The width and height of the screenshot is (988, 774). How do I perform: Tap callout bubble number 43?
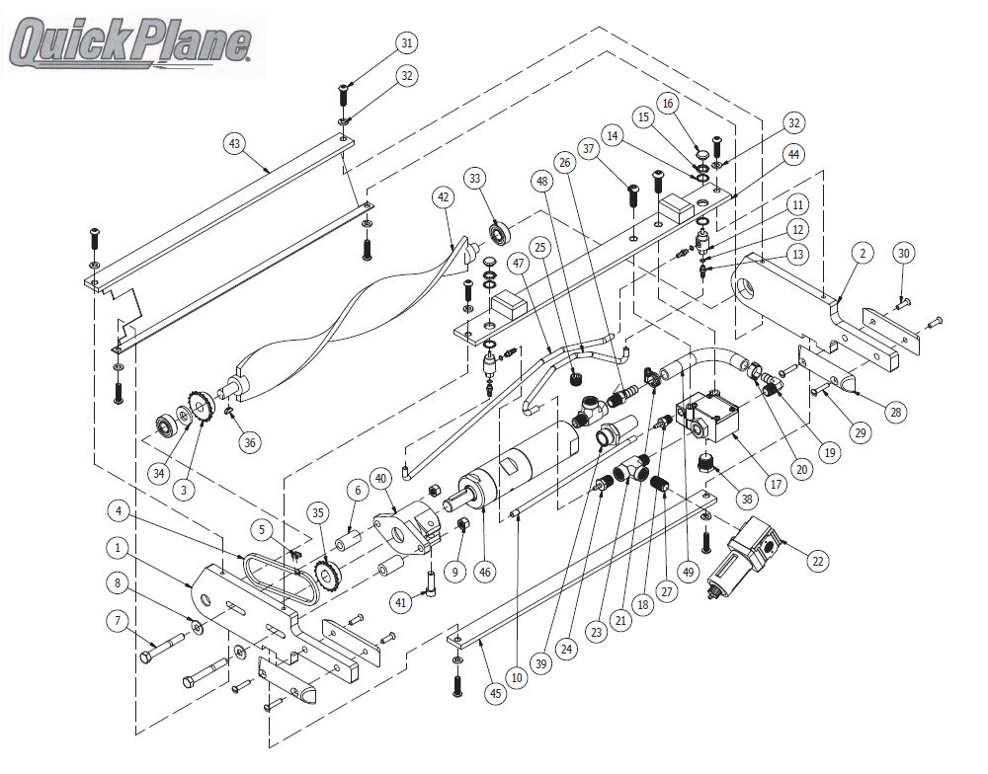(x=234, y=144)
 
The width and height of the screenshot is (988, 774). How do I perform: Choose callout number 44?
(x=793, y=156)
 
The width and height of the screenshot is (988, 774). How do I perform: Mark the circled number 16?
(x=668, y=103)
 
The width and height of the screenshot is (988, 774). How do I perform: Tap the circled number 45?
(x=494, y=694)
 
